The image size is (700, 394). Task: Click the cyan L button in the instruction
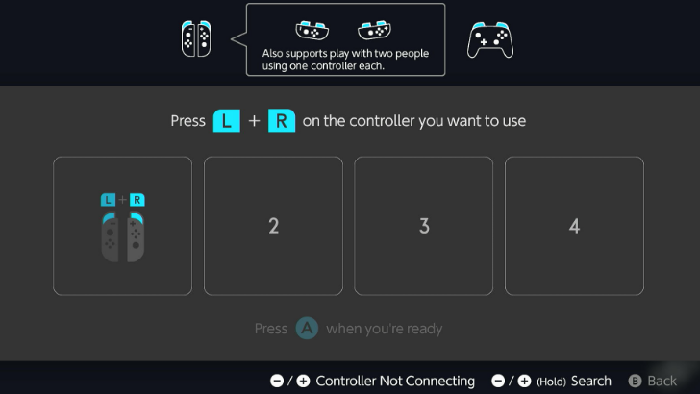point(226,121)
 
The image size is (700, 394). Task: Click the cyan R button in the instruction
point(282,121)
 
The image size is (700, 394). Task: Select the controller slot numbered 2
point(273,226)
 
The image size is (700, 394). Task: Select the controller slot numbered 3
point(424,226)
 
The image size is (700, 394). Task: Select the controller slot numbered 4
point(574,226)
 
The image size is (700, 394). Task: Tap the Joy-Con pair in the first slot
point(122,236)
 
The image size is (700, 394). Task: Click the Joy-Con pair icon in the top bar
point(195,38)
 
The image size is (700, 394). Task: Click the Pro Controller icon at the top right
point(490,39)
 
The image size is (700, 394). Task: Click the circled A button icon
point(307,329)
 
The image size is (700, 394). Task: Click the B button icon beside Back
point(635,381)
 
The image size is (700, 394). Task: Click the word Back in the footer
point(662,381)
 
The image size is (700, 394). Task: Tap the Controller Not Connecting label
point(395,381)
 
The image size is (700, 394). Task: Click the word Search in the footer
point(591,381)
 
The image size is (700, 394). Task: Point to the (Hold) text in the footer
point(552,381)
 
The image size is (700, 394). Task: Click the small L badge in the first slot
point(109,200)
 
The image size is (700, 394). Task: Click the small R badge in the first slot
point(137,200)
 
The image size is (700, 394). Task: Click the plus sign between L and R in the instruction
point(254,121)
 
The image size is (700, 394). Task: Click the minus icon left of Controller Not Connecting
point(277,381)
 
